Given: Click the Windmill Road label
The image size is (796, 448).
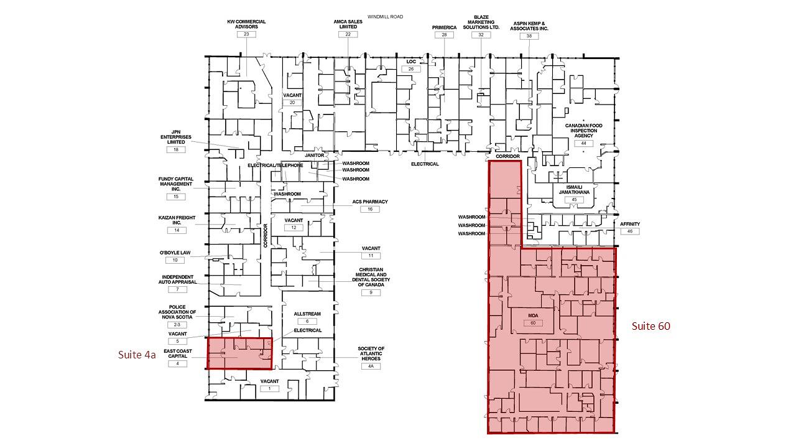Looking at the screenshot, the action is [385, 17].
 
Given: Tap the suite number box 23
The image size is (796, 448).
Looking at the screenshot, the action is [246, 34].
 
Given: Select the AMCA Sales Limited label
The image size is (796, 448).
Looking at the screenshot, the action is [348, 24].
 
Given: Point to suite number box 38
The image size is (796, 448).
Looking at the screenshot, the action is [529, 36].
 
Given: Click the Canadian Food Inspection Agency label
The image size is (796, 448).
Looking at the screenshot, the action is [583, 131].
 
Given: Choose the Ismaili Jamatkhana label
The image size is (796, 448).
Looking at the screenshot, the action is [574, 190].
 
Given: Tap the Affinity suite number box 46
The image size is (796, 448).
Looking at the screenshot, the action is [630, 231].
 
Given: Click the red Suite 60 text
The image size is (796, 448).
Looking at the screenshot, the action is [650, 326].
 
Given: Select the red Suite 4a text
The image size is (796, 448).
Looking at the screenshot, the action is [137, 355].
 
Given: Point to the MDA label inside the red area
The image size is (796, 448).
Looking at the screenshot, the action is [533, 315].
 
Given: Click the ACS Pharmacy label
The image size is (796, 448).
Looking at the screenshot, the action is [370, 202].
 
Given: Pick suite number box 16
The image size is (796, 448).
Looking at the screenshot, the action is [370, 209].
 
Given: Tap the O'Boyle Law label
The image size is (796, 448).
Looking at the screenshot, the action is [175, 253].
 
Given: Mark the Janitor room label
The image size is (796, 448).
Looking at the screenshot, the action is [314, 156].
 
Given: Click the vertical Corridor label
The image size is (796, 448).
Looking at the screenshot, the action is [265, 235].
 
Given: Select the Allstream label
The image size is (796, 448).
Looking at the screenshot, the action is [307, 314].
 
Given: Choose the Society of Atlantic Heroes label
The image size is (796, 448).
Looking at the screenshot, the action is [371, 353].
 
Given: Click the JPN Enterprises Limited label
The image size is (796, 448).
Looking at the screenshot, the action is [176, 137].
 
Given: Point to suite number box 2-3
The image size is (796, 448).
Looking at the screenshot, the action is [177, 325].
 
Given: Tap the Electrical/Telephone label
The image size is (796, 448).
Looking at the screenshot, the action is [275, 166].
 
